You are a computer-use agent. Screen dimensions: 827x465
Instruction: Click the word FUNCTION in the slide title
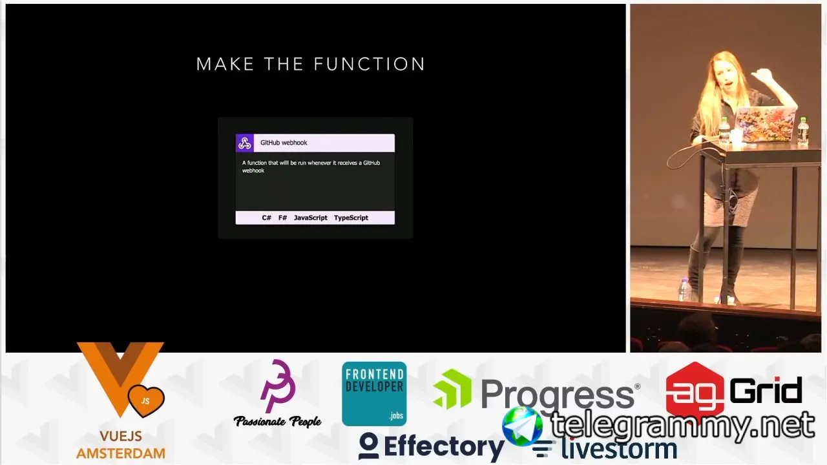click(370, 64)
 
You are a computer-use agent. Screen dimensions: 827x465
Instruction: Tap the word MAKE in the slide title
click(225, 64)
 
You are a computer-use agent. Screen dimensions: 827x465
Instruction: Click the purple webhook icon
click(245, 143)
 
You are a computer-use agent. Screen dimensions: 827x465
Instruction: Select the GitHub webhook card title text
click(284, 143)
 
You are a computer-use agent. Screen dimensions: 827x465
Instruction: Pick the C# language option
click(267, 218)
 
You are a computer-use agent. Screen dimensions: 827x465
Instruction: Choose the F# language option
click(283, 218)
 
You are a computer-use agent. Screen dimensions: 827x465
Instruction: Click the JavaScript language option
click(311, 218)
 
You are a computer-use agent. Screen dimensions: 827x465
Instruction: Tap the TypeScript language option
click(351, 218)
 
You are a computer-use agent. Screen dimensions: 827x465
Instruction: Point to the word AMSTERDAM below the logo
click(121, 453)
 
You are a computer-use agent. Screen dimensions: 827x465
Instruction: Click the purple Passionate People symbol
click(278, 386)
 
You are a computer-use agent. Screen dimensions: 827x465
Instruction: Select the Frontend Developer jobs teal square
click(374, 394)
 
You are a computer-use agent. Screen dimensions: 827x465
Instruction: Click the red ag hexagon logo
click(695, 391)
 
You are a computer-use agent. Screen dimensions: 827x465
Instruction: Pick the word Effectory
click(444, 446)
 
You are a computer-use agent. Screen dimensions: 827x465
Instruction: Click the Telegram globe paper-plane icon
click(523, 427)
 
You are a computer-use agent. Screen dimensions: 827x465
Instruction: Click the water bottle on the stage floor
click(684, 290)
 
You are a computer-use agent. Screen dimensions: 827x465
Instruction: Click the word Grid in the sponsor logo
click(766, 391)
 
